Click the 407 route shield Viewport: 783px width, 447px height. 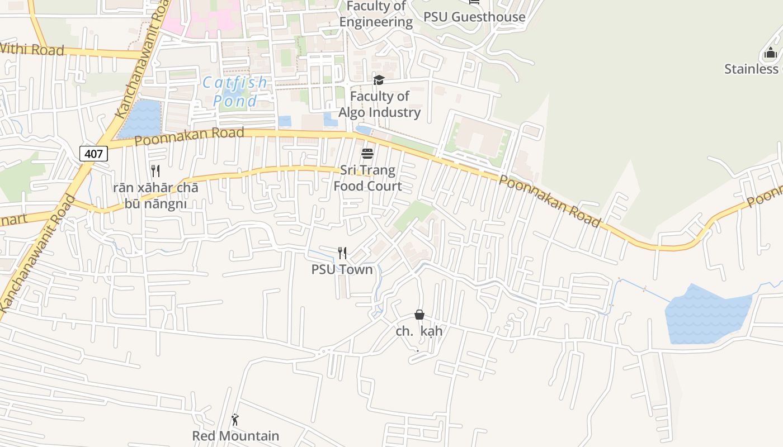pos(93,153)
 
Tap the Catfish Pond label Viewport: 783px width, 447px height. pos(235,92)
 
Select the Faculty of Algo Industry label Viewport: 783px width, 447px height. pos(380,104)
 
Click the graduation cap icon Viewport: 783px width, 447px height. pos(379,80)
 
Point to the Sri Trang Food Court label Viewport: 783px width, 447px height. pos(368,178)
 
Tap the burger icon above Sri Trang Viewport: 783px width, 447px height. pos(367,153)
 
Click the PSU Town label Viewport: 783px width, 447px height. pos(342,269)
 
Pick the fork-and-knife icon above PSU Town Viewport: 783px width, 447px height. pos(342,253)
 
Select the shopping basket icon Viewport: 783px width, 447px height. pos(419,315)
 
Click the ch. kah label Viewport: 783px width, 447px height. pos(419,331)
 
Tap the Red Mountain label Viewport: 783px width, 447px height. pos(235,436)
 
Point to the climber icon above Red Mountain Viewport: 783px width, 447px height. pos(235,420)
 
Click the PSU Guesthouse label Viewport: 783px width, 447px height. pos(474,17)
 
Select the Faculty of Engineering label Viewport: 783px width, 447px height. pos(376,15)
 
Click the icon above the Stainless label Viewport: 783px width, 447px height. pos(770,54)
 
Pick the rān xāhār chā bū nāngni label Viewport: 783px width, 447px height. pos(155,195)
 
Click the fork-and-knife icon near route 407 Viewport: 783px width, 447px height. pos(155,170)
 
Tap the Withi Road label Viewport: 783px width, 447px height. pos(32,49)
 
